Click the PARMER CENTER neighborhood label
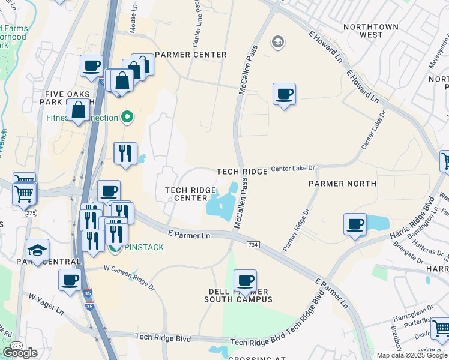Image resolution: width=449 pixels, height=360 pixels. tap(190, 55)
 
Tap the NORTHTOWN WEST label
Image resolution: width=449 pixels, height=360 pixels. tap(363, 31)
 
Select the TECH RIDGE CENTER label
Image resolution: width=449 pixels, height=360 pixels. tap(190, 194)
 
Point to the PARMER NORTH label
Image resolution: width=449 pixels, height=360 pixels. tap(342, 183)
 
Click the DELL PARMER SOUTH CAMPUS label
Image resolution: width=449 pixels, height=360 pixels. tap(238, 295)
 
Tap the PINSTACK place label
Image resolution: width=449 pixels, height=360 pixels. tap(144, 247)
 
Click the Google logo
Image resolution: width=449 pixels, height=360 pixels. tap(20, 353)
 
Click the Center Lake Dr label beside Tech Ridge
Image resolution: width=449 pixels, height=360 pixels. tap(293, 169)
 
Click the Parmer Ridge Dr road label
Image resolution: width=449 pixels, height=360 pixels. tap(297, 230)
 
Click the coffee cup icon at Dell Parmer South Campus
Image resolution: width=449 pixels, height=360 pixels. tap(245, 280)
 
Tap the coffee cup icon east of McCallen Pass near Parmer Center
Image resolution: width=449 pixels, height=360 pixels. tap(284, 94)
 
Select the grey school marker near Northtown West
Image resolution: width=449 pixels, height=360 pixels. tap(277, 42)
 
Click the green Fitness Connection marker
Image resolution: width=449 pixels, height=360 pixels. tap(127, 117)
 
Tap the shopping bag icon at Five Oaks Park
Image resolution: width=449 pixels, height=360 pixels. tap(79, 110)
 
